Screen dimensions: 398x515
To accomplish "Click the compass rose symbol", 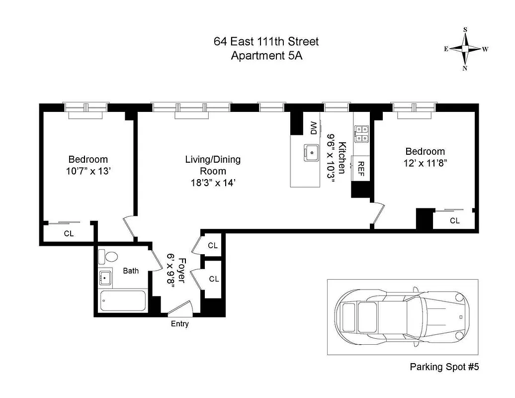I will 465,49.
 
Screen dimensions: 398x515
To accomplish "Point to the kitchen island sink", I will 312,152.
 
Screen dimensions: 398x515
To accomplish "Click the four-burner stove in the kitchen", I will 361,133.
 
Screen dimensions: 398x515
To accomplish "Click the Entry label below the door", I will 179,324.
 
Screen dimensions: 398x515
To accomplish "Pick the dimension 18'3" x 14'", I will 213,183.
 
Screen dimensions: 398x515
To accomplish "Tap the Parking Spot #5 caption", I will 444,367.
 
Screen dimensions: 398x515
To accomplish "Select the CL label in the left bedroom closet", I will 69,233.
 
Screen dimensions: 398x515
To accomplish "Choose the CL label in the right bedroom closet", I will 454,221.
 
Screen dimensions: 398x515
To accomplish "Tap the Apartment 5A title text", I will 266,55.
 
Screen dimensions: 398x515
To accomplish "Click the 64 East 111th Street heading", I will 266,41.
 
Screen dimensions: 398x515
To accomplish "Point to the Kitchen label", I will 342,158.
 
